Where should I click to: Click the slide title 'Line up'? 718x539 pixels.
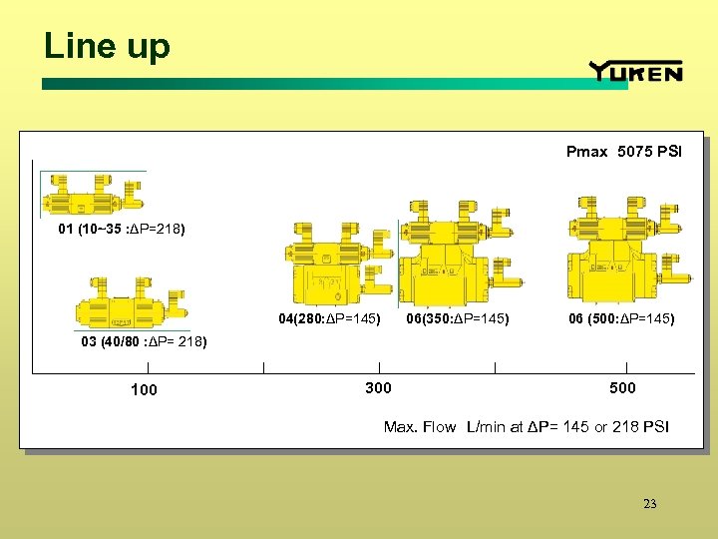(107, 46)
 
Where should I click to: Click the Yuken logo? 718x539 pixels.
(635, 71)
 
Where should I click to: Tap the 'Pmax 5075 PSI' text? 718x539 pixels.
(623, 152)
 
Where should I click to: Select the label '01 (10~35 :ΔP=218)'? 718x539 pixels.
(122, 230)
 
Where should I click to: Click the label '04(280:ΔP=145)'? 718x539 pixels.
(329, 319)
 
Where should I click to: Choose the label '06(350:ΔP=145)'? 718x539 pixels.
(458, 319)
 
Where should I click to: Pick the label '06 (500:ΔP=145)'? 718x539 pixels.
(621, 319)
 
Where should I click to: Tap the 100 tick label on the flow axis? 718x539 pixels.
(144, 389)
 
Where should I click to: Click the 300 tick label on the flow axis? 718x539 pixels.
(378, 387)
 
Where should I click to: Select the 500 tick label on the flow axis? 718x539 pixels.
(621, 387)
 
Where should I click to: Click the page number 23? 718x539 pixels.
(649, 504)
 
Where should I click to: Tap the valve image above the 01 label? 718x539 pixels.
(93, 194)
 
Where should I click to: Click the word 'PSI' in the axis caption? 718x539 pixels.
(655, 427)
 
